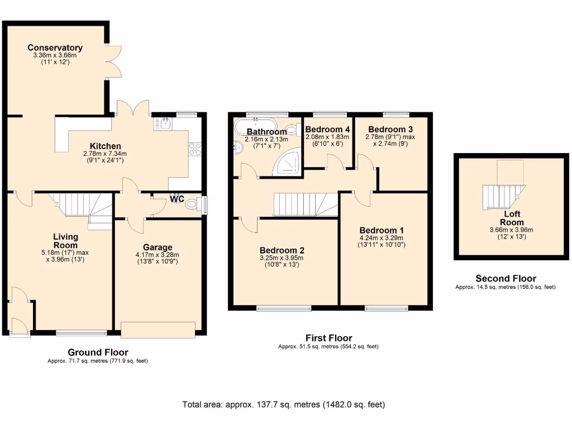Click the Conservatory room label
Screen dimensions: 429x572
click(x=55, y=48)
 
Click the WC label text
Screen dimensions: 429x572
click(x=177, y=199)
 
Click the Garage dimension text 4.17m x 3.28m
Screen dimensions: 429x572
click(x=157, y=255)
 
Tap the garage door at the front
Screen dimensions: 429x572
click(x=158, y=330)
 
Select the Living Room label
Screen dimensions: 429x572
click(x=65, y=241)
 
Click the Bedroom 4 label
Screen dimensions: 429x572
click(x=327, y=129)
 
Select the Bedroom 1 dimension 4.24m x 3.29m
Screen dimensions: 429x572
click(x=382, y=238)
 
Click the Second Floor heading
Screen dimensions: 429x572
click(x=506, y=278)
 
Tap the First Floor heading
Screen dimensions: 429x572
click(x=328, y=338)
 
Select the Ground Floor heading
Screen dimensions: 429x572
click(x=98, y=352)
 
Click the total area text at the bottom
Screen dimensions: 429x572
click(x=284, y=404)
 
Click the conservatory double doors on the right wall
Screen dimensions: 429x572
click(x=113, y=60)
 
